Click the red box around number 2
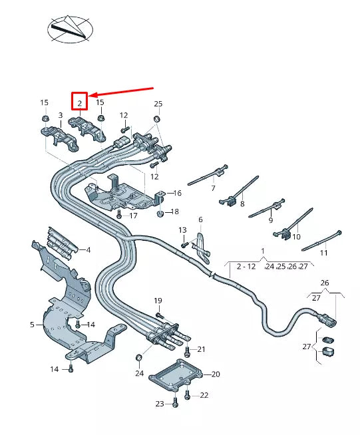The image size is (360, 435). (80, 102)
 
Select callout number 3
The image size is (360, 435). (60, 116)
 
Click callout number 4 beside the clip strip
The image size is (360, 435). (88, 249)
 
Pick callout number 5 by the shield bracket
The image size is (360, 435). (32, 325)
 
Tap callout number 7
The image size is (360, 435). (214, 189)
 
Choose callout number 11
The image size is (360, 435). (324, 253)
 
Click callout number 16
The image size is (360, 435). (178, 193)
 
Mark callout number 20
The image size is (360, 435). (216, 374)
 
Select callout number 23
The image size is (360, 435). (159, 403)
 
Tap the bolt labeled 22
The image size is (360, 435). (186, 395)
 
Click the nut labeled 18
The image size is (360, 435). (160, 214)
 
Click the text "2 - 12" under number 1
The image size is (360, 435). (246, 266)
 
